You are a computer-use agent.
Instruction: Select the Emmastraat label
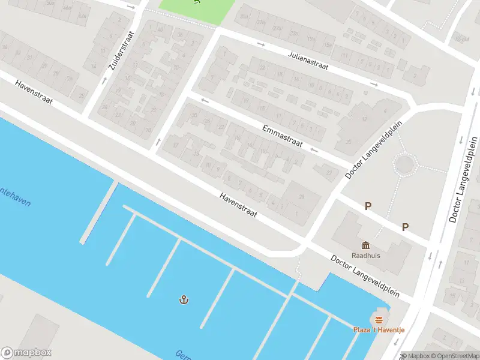[x=282, y=137]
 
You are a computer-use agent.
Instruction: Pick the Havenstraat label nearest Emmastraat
[x=238, y=205]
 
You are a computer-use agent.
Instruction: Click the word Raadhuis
[x=366, y=255]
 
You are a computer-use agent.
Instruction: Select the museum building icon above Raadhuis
[x=366, y=245]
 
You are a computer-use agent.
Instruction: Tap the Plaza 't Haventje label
[x=379, y=331]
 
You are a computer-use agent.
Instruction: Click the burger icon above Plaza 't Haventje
[x=379, y=319]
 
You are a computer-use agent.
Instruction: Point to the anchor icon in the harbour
[x=184, y=299]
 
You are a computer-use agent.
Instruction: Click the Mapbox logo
[x=26, y=353]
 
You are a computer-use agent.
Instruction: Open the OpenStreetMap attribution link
[x=455, y=356]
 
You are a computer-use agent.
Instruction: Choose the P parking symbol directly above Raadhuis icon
[x=368, y=206]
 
